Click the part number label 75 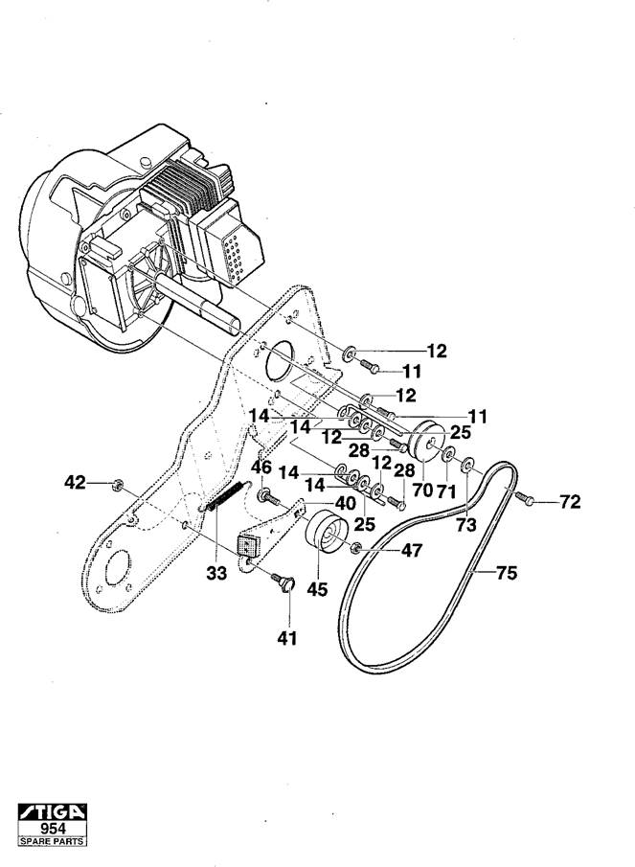pyautogui.click(x=507, y=573)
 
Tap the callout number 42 pyautogui.click(x=76, y=483)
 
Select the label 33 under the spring pyautogui.click(x=216, y=574)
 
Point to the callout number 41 pyautogui.click(x=287, y=638)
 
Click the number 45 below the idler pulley pyautogui.click(x=317, y=589)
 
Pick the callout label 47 pyautogui.click(x=412, y=550)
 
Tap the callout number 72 pyautogui.click(x=570, y=501)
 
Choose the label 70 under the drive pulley pyautogui.click(x=422, y=490)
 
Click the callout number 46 pyautogui.click(x=261, y=468)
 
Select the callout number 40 pyautogui.click(x=346, y=503)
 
